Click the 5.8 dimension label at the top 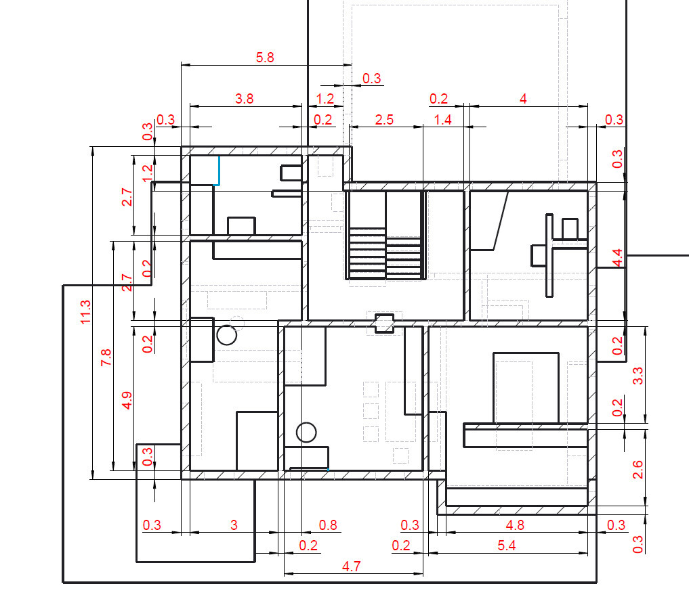[265, 57]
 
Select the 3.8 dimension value [245, 98]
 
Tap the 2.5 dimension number [385, 120]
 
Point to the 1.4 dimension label [442, 120]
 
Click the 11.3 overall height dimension [85, 312]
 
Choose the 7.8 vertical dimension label [106, 357]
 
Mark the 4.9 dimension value [127, 401]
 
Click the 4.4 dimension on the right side [617, 258]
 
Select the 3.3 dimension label [638, 376]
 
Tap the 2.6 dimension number [638, 470]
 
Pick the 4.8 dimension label [515, 525]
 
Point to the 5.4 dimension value [507, 546]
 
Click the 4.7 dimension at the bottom [352, 567]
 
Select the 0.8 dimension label [329, 525]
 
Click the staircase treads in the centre [385, 253]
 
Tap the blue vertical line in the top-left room [219, 171]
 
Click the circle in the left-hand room [227, 335]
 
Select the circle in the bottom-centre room [306, 432]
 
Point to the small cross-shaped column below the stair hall [384, 324]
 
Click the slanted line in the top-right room [501, 221]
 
